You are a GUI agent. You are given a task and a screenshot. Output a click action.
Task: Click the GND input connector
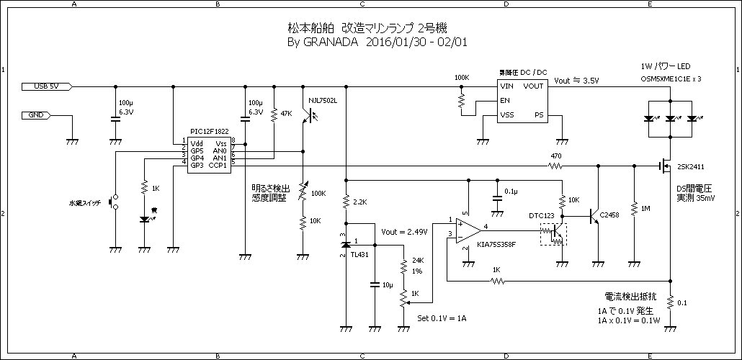(x=36, y=115)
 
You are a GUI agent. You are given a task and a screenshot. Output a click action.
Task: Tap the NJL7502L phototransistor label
(x=323, y=99)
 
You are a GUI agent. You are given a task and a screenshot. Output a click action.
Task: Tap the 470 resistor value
(x=555, y=156)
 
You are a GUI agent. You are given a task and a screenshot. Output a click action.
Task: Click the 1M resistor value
(x=645, y=209)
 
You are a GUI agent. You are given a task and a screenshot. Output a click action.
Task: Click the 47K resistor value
(x=286, y=114)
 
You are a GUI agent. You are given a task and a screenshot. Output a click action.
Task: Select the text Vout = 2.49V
(x=405, y=232)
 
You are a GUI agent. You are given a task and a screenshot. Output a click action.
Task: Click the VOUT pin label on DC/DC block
(x=534, y=86)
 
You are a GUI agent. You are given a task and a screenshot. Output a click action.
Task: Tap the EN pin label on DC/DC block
(x=505, y=100)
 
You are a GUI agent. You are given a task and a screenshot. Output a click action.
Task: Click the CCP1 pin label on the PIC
(x=218, y=166)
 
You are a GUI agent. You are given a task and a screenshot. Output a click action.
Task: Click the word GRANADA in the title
(x=331, y=42)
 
